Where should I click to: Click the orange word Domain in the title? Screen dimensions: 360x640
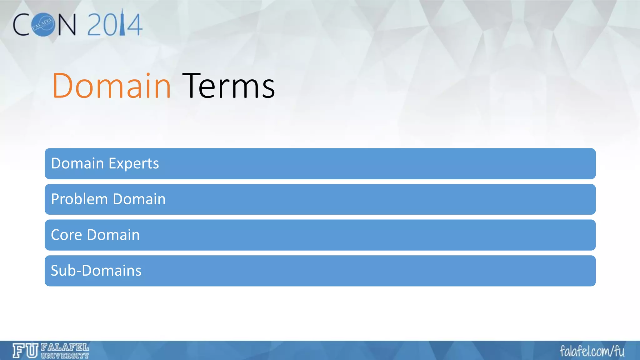(111, 86)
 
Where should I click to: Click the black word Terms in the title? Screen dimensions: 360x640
(228, 86)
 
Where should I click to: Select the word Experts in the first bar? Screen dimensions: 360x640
(134, 164)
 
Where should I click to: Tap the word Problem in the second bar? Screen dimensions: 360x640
(79, 199)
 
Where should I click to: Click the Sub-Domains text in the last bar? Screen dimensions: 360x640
(96, 271)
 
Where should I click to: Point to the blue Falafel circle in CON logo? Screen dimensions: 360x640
(43, 25)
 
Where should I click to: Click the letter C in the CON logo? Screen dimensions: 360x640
(21, 25)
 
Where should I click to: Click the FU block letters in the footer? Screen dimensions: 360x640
(25, 351)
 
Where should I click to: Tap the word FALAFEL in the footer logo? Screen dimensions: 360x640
(65, 347)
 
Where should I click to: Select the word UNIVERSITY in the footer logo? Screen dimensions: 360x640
(65, 356)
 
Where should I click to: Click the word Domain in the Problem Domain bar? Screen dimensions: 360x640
(139, 199)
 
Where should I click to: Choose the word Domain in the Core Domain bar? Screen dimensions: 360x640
(113, 235)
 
